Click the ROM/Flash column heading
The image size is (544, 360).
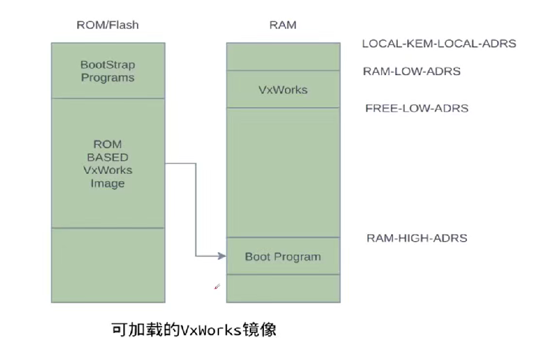click(x=107, y=25)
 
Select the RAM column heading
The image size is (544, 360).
click(x=282, y=25)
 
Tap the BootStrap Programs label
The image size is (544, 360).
click(x=107, y=72)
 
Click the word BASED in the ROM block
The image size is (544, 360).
click(x=107, y=157)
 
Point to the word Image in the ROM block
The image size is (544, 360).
click(x=107, y=183)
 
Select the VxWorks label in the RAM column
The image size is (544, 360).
click(x=282, y=89)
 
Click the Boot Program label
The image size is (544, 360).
click(x=282, y=256)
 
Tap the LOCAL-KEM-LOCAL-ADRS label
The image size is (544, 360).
click(x=439, y=44)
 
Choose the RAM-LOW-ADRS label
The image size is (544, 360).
click(x=411, y=72)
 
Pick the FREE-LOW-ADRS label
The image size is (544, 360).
click(x=416, y=108)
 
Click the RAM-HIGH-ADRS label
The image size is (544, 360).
click(x=416, y=238)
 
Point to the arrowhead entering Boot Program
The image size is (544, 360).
click(x=221, y=256)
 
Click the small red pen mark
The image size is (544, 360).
click(x=217, y=287)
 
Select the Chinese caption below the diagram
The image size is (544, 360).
click(x=194, y=330)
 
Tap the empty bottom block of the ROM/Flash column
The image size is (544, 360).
click(x=107, y=265)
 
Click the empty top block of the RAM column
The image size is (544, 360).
click(x=282, y=56)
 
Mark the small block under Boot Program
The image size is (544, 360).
click(x=282, y=288)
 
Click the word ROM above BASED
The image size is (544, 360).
click(x=107, y=144)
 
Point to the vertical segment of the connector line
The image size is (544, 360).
click(x=196, y=210)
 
